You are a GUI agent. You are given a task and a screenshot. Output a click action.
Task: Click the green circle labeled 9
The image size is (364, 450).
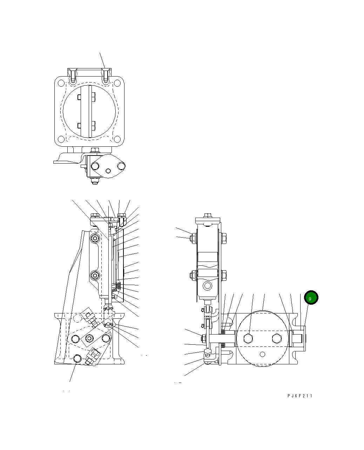click(311, 298)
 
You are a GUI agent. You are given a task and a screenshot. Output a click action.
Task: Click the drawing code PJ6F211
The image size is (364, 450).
click(300, 396)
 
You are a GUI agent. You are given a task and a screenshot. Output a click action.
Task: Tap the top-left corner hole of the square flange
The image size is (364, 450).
click(61, 83)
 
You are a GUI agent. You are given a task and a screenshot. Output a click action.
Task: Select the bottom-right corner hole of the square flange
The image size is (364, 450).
click(118, 141)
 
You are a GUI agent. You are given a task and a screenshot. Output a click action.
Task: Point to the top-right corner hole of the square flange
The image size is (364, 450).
click(118, 83)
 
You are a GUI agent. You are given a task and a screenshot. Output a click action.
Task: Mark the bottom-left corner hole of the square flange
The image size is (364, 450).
click(61, 141)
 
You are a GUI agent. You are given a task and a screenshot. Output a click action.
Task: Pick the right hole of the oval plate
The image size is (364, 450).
click(121, 165)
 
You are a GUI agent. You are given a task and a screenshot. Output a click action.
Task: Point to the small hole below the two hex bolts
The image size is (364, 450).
click(262, 354)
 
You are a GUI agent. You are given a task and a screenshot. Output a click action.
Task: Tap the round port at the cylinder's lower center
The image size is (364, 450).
click(208, 286)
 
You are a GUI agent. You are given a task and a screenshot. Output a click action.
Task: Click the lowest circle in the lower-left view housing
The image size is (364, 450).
click(78, 358)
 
